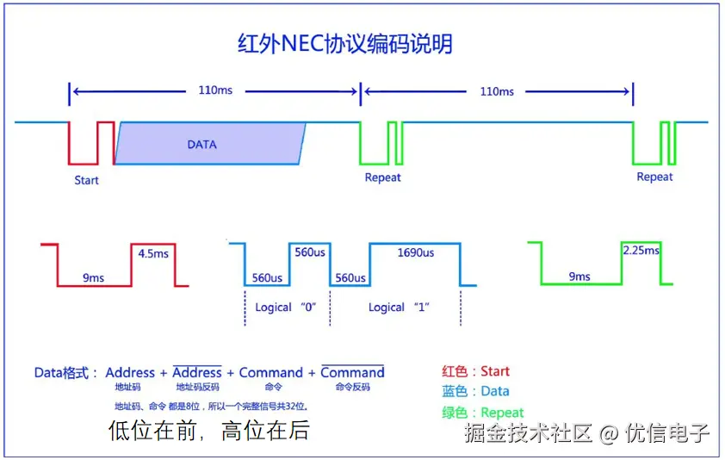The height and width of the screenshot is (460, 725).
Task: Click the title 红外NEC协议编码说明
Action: (344, 44)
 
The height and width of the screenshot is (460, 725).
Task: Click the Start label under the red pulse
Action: (86, 180)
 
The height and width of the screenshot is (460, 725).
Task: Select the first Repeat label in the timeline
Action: (382, 177)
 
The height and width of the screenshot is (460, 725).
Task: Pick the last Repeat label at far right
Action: (654, 177)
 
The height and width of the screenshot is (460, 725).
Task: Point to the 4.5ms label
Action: (153, 253)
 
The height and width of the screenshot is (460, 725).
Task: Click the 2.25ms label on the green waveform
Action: (641, 251)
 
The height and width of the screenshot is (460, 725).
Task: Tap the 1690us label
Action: (415, 253)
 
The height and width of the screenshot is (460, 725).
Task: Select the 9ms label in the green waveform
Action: (579, 277)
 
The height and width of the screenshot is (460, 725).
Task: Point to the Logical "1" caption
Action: (399, 308)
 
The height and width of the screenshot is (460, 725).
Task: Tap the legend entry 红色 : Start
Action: (475, 371)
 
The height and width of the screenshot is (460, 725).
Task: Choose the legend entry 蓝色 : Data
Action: (475, 391)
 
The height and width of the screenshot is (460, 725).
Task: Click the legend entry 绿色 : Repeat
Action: (482, 412)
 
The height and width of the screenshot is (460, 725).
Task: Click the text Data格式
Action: (65, 373)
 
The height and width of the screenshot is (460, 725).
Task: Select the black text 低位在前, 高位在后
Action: (208, 430)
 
